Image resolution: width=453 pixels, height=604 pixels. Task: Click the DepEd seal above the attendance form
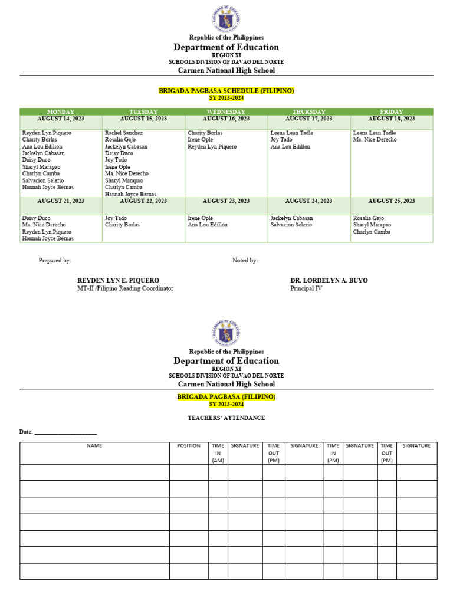(226, 333)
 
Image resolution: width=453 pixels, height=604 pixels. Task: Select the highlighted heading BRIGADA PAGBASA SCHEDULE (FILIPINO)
(226, 91)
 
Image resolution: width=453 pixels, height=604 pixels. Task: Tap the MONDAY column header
(61, 111)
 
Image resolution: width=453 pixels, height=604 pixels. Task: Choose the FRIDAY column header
(392, 111)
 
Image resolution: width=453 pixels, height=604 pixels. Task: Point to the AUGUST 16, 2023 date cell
(226, 119)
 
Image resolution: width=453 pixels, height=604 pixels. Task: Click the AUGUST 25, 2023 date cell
(392, 201)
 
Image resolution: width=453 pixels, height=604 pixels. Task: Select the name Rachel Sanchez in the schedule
(123, 133)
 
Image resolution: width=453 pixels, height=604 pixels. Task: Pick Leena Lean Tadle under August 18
(375, 133)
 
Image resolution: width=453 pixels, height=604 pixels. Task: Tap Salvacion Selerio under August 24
(291, 225)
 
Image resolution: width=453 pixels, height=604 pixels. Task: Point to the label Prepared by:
(55, 260)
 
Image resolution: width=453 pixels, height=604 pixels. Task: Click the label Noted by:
(245, 260)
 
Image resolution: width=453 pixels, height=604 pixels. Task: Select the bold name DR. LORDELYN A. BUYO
(329, 280)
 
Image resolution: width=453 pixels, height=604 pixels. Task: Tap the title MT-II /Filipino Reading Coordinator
(125, 288)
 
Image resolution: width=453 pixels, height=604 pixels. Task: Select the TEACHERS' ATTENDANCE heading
(226, 418)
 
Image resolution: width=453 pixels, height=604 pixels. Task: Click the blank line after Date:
(65, 432)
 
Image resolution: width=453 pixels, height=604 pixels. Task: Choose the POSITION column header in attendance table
(189, 446)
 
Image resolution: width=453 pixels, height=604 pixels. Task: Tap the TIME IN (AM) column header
(218, 453)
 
